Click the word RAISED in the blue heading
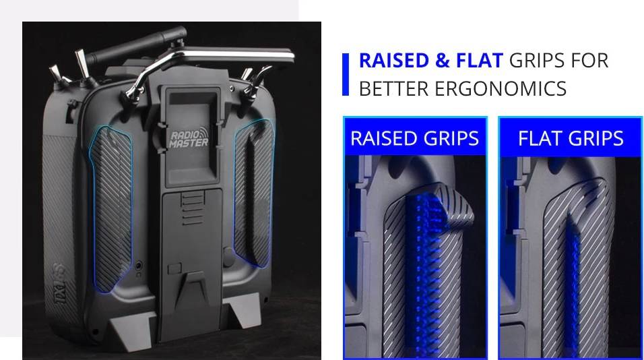pos(393,61)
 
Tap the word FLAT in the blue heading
pos(480,61)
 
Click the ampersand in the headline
pos(442,61)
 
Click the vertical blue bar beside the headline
pos(346,74)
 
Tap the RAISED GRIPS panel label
pos(415,138)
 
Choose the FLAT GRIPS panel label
pos(571,138)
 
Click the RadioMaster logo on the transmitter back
pos(189,138)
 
